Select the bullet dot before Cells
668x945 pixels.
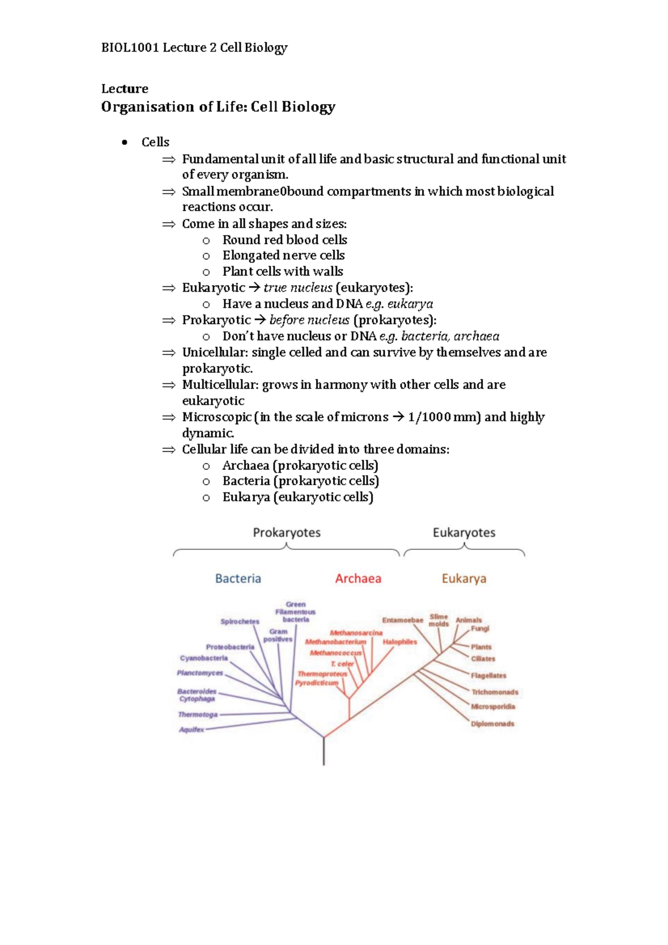(125, 142)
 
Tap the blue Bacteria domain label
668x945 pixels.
(238, 579)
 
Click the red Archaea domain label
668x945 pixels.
(358, 579)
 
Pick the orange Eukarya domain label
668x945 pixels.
(464, 579)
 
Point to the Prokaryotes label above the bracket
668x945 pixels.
(287, 533)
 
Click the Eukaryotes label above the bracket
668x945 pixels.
(464, 533)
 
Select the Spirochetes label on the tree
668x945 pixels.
(239, 622)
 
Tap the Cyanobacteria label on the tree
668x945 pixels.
(204, 658)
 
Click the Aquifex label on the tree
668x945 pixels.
(191, 730)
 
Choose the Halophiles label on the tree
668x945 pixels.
(400, 642)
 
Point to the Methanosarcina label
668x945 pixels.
(356, 633)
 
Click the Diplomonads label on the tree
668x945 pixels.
(493, 724)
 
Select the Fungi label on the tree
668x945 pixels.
(480, 629)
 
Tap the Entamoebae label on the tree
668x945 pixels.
(402, 620)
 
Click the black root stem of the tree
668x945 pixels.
(324, 752)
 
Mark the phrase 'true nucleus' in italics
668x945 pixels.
(298, 288)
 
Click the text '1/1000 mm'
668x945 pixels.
(443, 417)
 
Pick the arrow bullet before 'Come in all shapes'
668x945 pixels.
(169, 224)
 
